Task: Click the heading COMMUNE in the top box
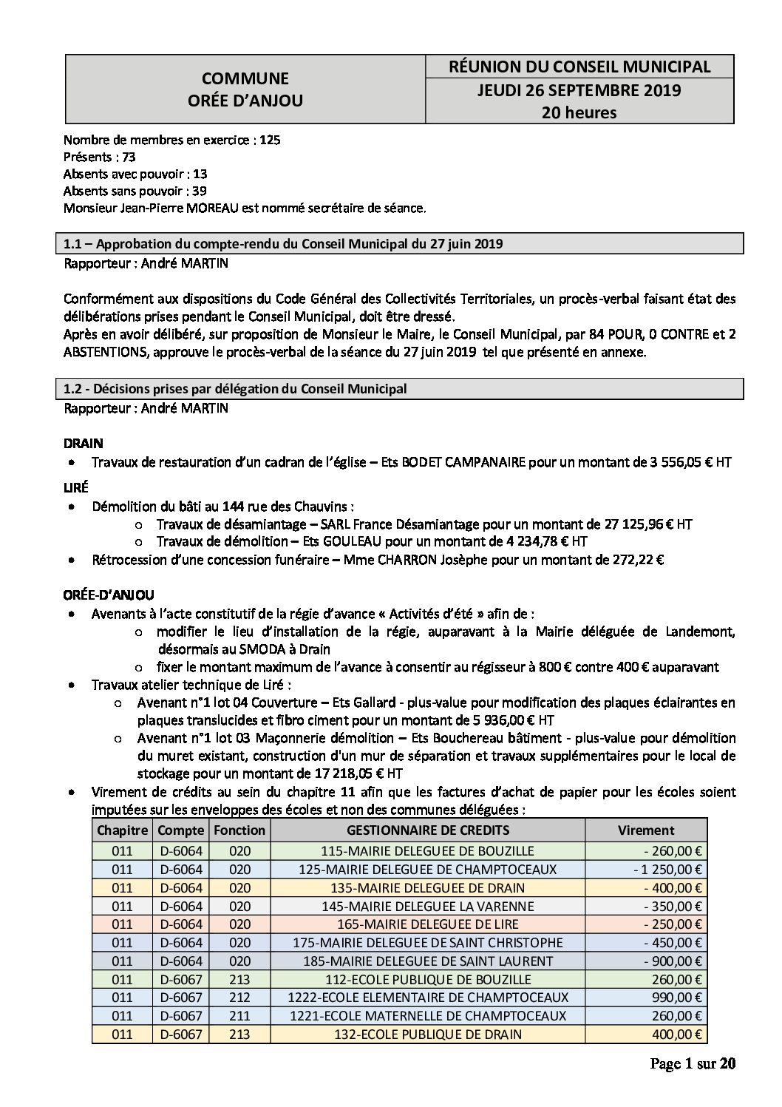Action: coord(245,78)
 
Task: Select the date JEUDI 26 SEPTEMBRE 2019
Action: coord(579,90)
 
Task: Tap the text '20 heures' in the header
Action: coord(579,112)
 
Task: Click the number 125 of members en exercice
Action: coord(270,139)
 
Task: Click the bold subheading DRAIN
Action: coord(84,444)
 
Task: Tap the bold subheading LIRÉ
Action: coord(77,488)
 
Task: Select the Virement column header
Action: coord(646,830)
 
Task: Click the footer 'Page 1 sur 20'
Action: coord(693,1064)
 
